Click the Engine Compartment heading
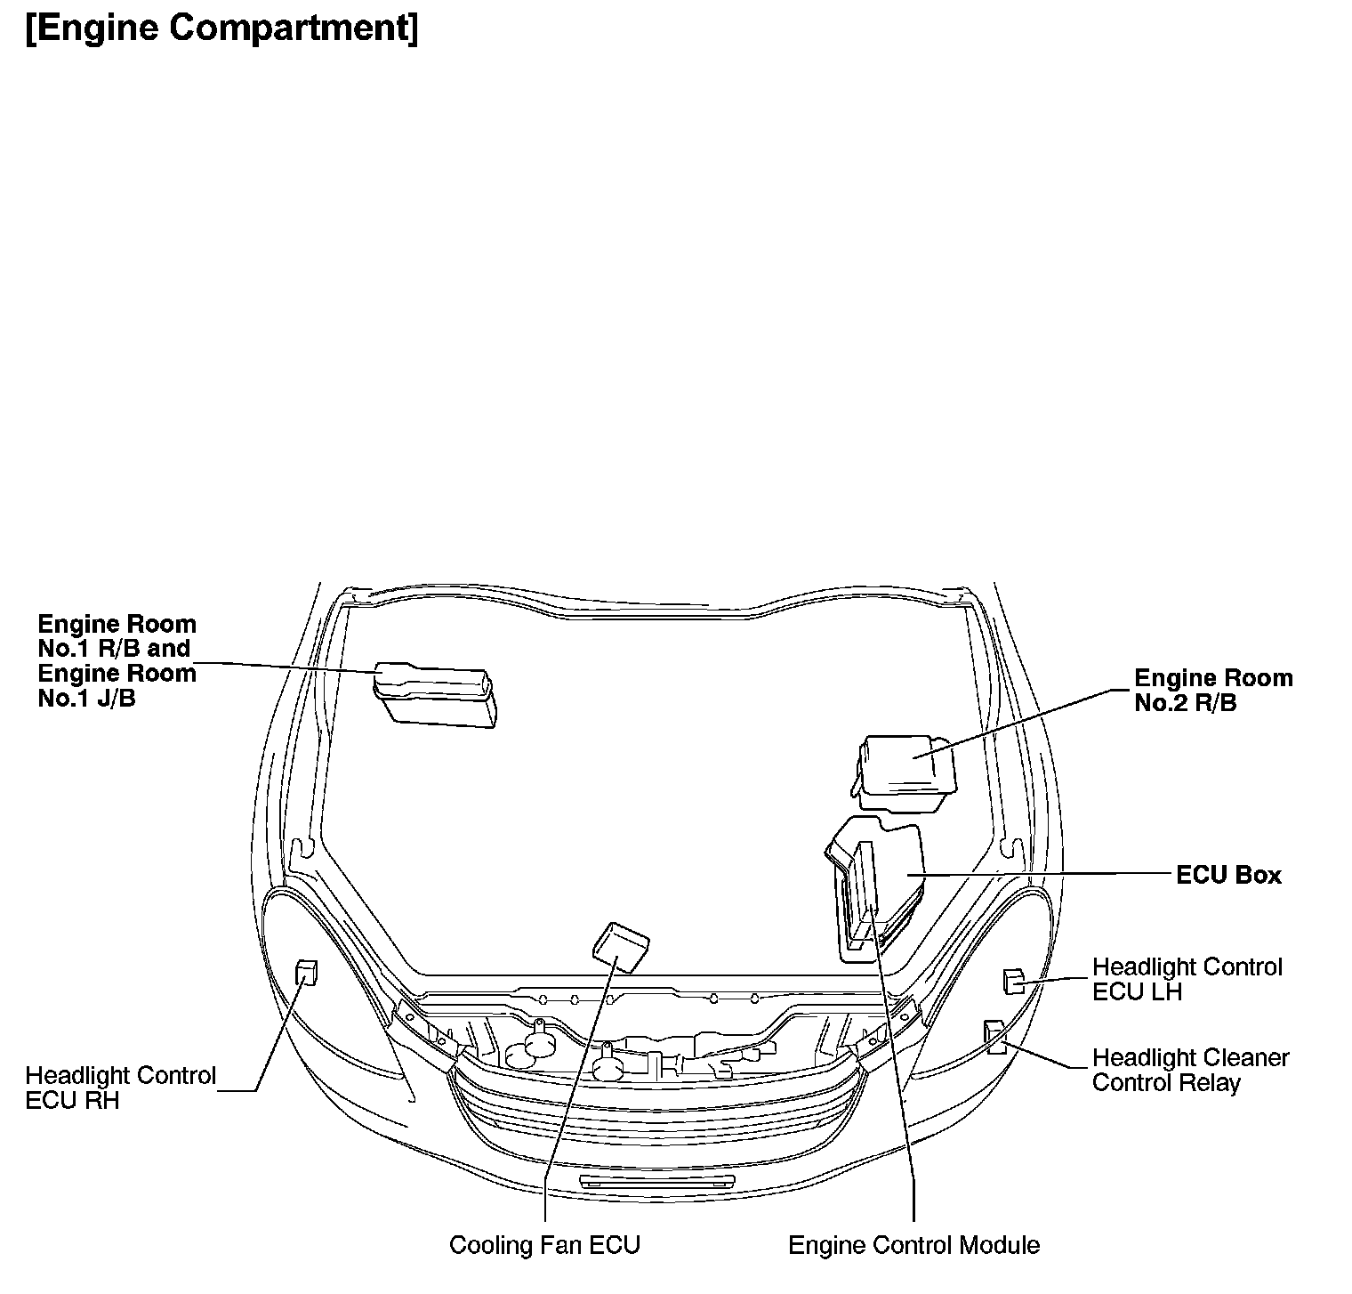tap(221, 28)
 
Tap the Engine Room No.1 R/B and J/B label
tap(117, 660)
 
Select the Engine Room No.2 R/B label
tap(1212, 690)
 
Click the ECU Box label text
tap(1228, 875)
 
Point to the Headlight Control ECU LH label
tap(1187, 979)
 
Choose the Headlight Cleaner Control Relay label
tap(1190, 1070)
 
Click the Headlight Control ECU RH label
tap(120, 1088)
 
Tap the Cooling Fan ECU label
tap(544, 1244)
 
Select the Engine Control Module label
tap(913, 1244)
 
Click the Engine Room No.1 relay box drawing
tap(435, 696)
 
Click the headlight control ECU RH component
tap(306, 973)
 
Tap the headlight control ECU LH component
tap(1012, 981)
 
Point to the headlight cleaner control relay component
tap(994, 1037)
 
